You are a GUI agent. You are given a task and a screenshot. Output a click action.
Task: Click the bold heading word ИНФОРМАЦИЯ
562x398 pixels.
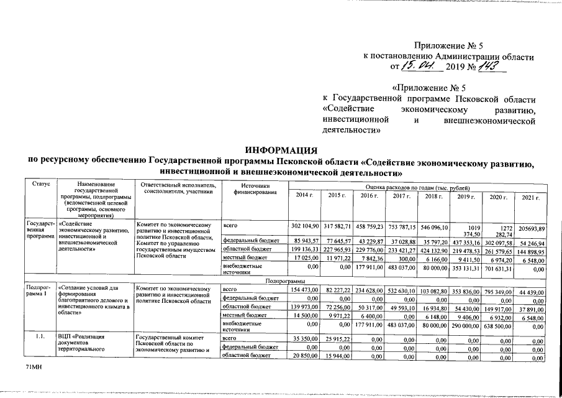pos(281,150)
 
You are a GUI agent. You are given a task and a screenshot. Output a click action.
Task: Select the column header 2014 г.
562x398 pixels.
pos(304,196)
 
